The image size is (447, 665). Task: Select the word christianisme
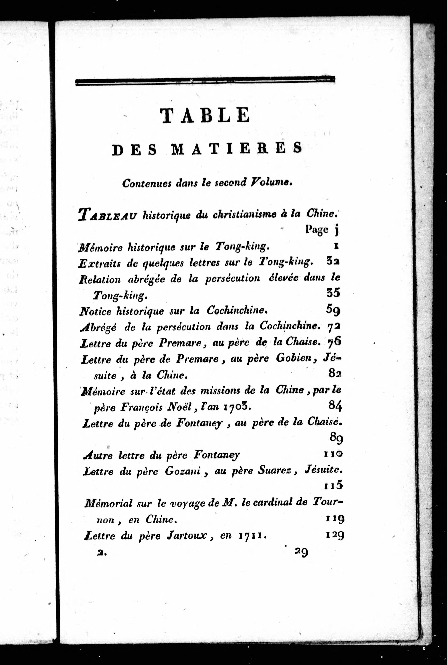pyautogui.click(x=244, y=214)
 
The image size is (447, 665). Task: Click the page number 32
pyautogui.click(x=333, y=262)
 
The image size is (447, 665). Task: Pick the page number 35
pyautogui.click(x=333, y=293)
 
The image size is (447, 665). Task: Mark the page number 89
pyautogui.click(x=336, y=438)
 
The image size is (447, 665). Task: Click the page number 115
pyautogui.click(x=333, y=485)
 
